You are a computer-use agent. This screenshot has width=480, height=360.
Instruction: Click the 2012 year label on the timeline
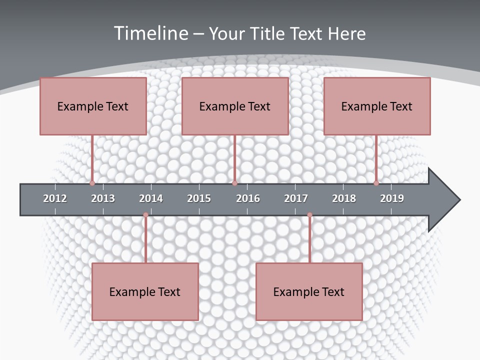55,198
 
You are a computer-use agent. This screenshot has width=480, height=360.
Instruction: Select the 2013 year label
103,198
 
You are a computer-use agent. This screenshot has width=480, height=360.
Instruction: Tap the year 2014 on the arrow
151,198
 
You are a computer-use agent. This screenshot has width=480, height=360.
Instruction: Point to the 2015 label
199,198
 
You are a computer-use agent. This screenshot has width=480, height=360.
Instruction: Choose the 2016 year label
248,198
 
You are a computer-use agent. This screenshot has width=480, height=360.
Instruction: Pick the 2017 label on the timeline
296,198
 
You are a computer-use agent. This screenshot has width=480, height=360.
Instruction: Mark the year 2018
344,198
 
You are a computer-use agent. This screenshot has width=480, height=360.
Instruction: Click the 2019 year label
392,198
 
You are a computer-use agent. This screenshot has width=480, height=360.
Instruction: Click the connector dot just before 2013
92,183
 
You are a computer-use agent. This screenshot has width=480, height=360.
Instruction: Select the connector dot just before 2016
234,183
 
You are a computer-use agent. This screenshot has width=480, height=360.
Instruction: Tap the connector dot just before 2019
376,183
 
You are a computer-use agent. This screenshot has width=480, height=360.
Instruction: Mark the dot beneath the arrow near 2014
145,215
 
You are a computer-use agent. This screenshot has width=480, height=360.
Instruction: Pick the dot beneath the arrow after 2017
309,215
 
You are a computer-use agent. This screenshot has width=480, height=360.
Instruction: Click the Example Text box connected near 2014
145,291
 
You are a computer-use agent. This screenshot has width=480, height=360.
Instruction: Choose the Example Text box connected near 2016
235,106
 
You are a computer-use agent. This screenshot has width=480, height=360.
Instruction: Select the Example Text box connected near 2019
377,106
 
